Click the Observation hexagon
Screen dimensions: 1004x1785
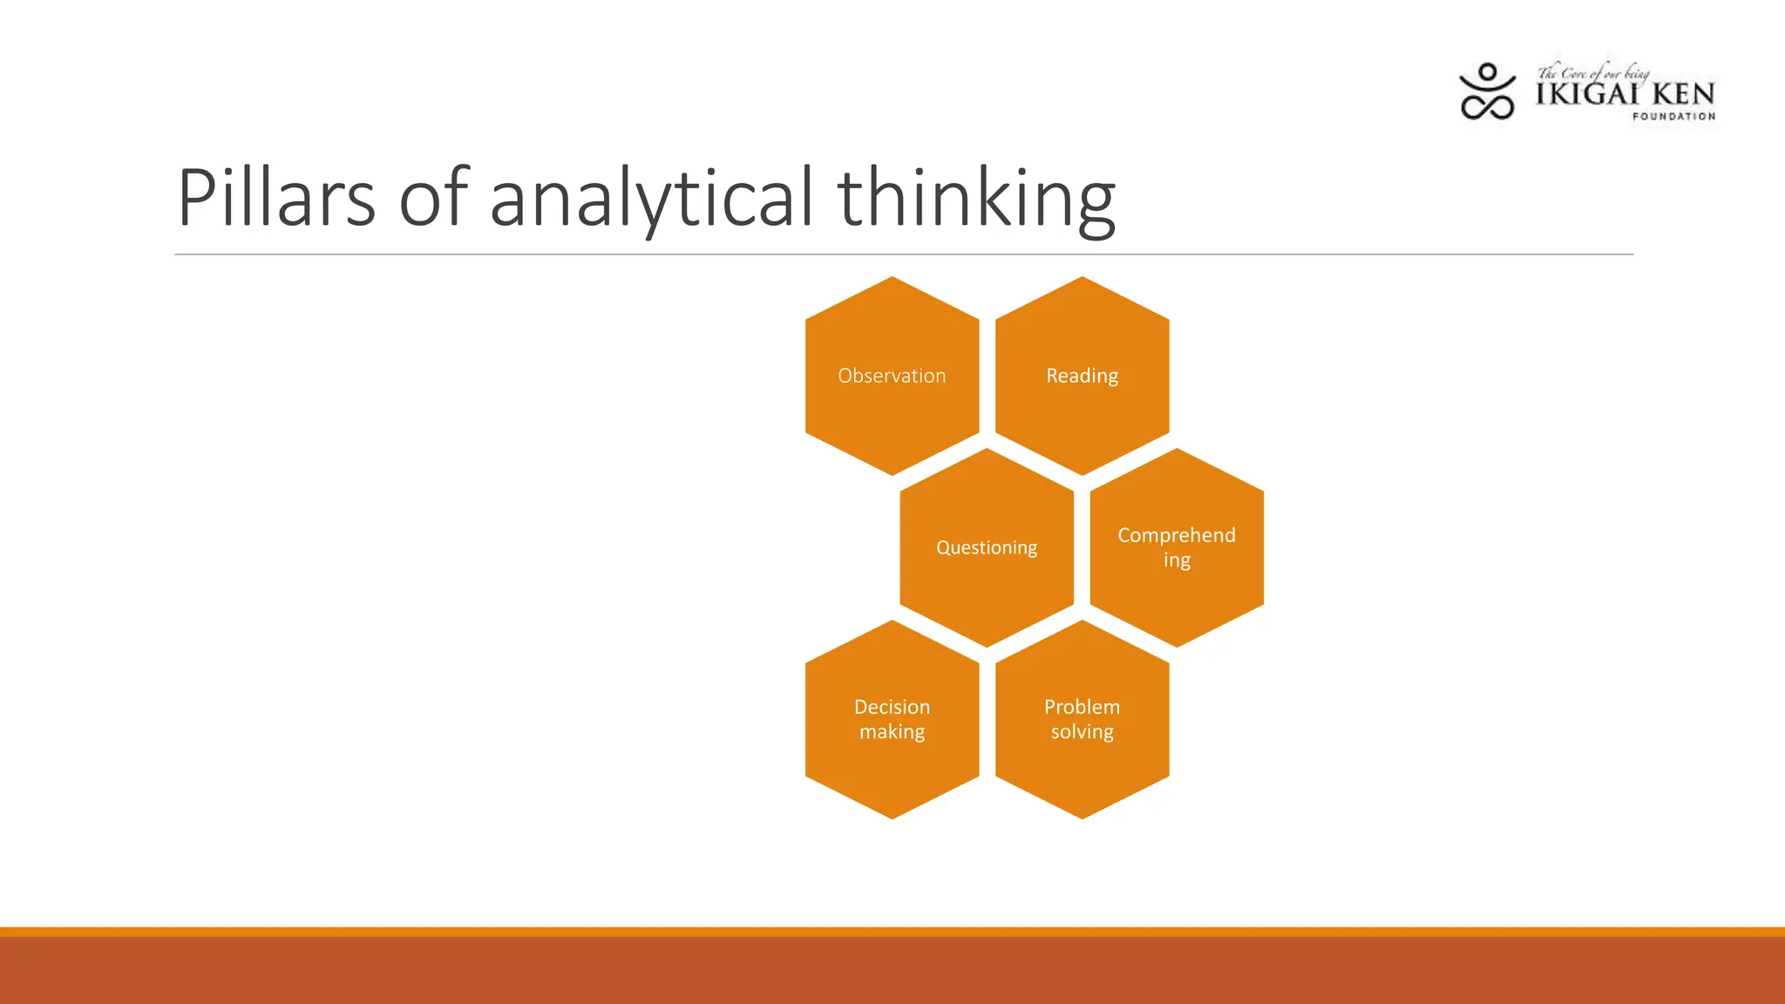892,376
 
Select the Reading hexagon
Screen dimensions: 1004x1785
1082,376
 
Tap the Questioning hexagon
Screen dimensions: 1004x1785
987,547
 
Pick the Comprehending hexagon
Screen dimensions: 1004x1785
1177,547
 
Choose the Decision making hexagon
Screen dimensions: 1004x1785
892,719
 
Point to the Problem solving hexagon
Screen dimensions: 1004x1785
1082,719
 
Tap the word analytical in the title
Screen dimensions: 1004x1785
651,200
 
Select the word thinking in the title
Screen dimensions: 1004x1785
976,200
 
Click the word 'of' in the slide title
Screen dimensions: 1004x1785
433,198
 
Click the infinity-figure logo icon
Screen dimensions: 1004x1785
1487,92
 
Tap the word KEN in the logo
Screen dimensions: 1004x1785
1683,94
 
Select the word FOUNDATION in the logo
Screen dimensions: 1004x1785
1673,116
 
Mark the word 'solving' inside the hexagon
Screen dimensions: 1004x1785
1082,732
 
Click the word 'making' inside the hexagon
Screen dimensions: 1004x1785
892,732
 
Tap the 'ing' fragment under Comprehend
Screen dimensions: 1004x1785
1177,560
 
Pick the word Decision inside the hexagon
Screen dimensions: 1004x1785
892,707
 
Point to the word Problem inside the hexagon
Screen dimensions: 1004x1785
1082,707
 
